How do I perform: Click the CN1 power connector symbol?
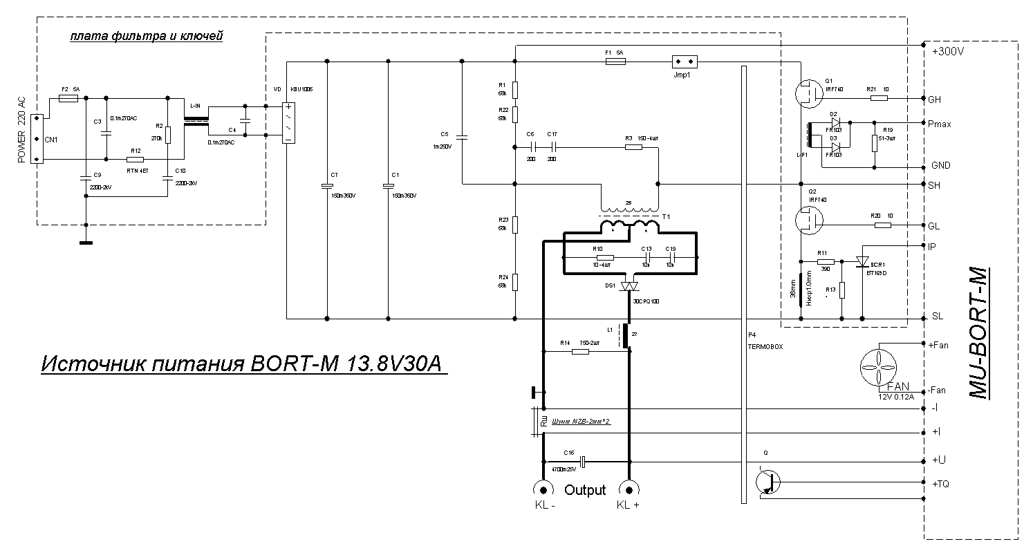(37, 140)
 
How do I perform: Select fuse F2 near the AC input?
(68, 99)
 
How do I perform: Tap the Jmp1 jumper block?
(685, 62)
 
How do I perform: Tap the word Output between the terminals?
(585, 490)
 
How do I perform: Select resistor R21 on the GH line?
(879, 98)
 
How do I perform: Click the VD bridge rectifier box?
(288, 124)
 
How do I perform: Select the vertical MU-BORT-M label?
(979, 332)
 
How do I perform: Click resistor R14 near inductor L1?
(580, 352)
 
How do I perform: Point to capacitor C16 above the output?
(582, 461)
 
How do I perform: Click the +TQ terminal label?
(941, 484)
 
